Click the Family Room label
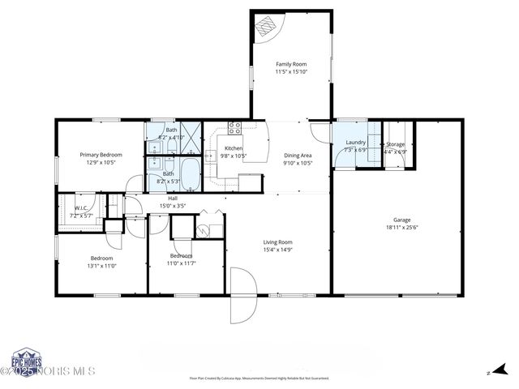(290, 64)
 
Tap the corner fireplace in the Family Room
(266, 27)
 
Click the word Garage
(402, 220)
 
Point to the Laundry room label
(355, 143)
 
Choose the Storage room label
(395, 143)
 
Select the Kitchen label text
(234, 148)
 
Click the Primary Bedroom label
(101, 155)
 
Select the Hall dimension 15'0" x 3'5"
(173, 206)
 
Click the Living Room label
(277, 242)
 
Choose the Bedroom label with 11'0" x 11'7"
(182, 256)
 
